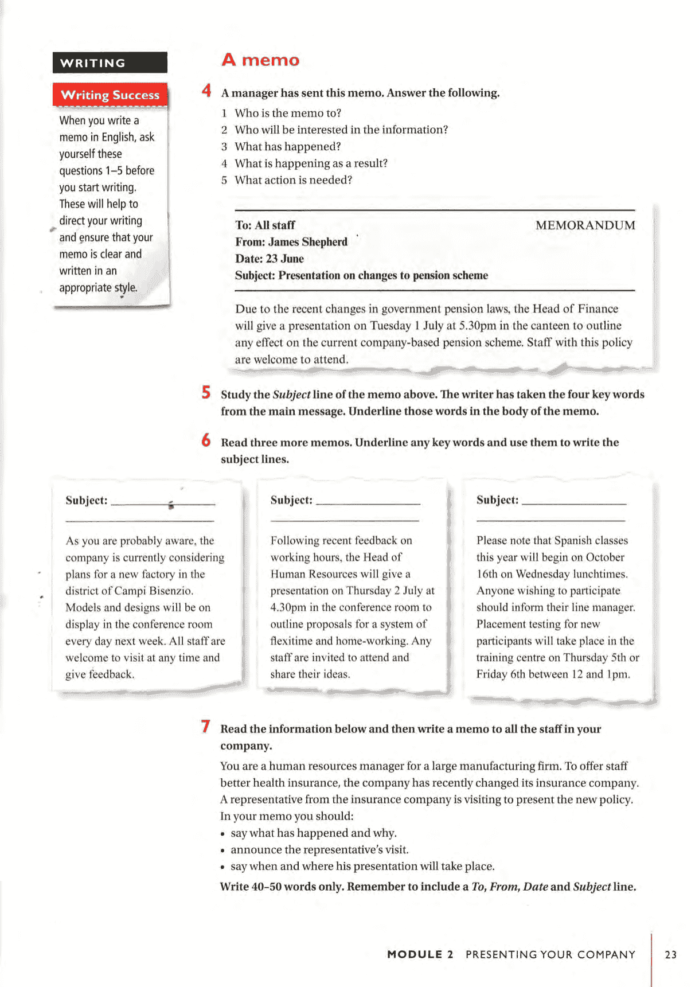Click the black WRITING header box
point(110,63)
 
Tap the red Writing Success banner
point(110,95)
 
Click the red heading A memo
point(260,60)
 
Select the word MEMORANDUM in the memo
point(585,225)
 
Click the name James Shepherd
point(307,242)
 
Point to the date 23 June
point(284,259)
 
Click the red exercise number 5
point(206,392)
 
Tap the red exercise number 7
point(205,727)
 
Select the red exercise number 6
point(206,440)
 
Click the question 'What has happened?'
point(287,147)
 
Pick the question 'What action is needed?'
point(293,180)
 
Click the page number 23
point(670,955)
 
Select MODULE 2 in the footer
point(420,955)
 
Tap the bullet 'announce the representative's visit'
point(319,850)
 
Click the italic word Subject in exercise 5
point(291,395)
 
